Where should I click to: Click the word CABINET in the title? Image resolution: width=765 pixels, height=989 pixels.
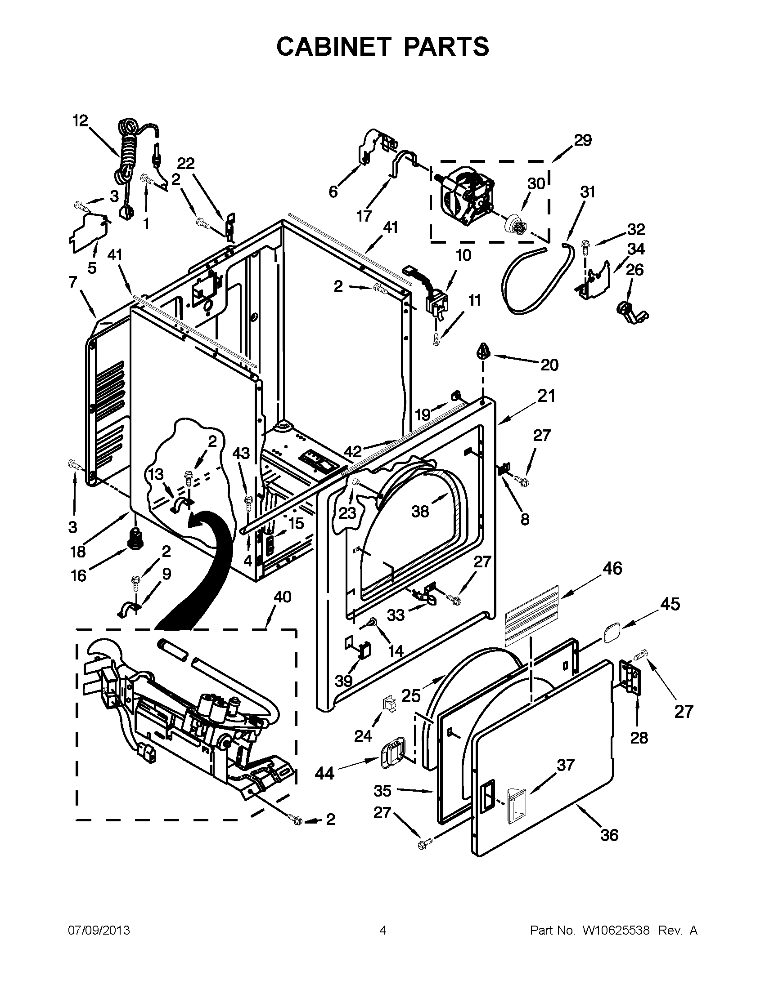pos(333,46)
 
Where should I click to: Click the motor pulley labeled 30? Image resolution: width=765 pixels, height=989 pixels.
pos(515,224)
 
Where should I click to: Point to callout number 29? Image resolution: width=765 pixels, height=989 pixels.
pos(583,140)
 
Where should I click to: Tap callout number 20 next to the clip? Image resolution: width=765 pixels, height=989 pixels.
pos(549,365)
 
